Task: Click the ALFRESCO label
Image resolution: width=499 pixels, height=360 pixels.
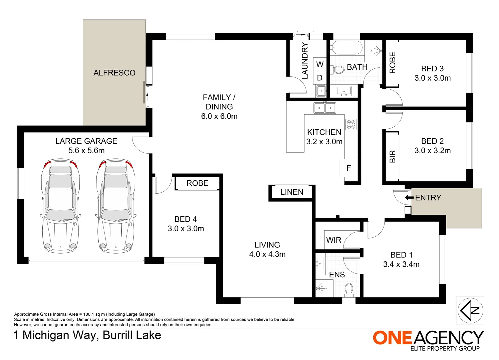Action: click(114, 73)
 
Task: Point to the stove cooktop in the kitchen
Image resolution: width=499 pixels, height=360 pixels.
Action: click(351, 124)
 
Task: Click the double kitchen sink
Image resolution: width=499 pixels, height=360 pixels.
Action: click(325, 108)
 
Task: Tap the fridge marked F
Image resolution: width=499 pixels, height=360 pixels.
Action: click(349, 168)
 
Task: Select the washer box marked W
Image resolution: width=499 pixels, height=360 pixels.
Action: click(320, 64)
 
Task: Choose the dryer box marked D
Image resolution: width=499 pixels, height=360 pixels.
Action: click(320, 78)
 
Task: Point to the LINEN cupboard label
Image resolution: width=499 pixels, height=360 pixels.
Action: click(292, 192)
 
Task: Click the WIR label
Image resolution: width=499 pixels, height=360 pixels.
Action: click(334, 240)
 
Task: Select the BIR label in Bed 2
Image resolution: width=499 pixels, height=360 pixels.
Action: click(393, 156)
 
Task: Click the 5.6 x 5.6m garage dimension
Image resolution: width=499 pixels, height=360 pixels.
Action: click(86, 151)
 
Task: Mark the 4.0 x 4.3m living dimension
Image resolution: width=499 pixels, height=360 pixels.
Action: click(267, 254)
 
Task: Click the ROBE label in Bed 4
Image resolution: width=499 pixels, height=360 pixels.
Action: click(197, 183)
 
